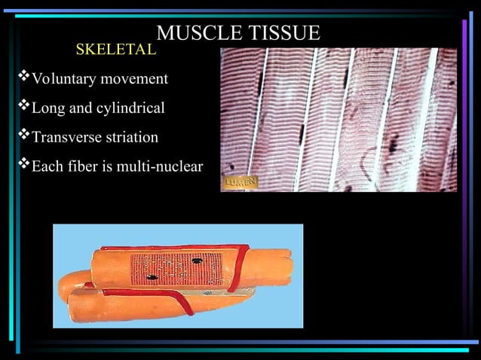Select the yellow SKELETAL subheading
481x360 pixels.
tap(116, 50)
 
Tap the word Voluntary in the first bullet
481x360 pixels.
tap(60, 79)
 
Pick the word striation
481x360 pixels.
tap(131, 139)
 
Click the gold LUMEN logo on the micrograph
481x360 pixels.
tap(240, 183)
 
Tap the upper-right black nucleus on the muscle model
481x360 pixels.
tap(198, 261)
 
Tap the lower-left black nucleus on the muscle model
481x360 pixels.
tap(152, 277)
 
